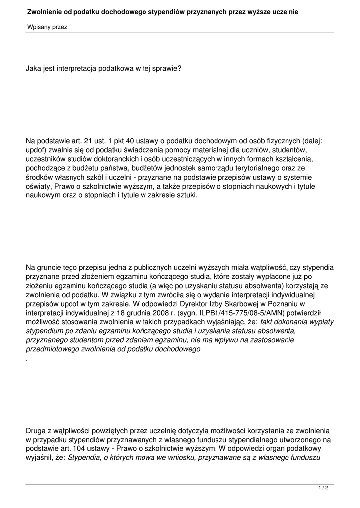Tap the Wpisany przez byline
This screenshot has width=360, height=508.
[x=47, y=27]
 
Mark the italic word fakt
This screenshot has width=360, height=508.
[x=268, y=321]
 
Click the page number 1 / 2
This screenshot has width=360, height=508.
[x=323, y=488]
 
